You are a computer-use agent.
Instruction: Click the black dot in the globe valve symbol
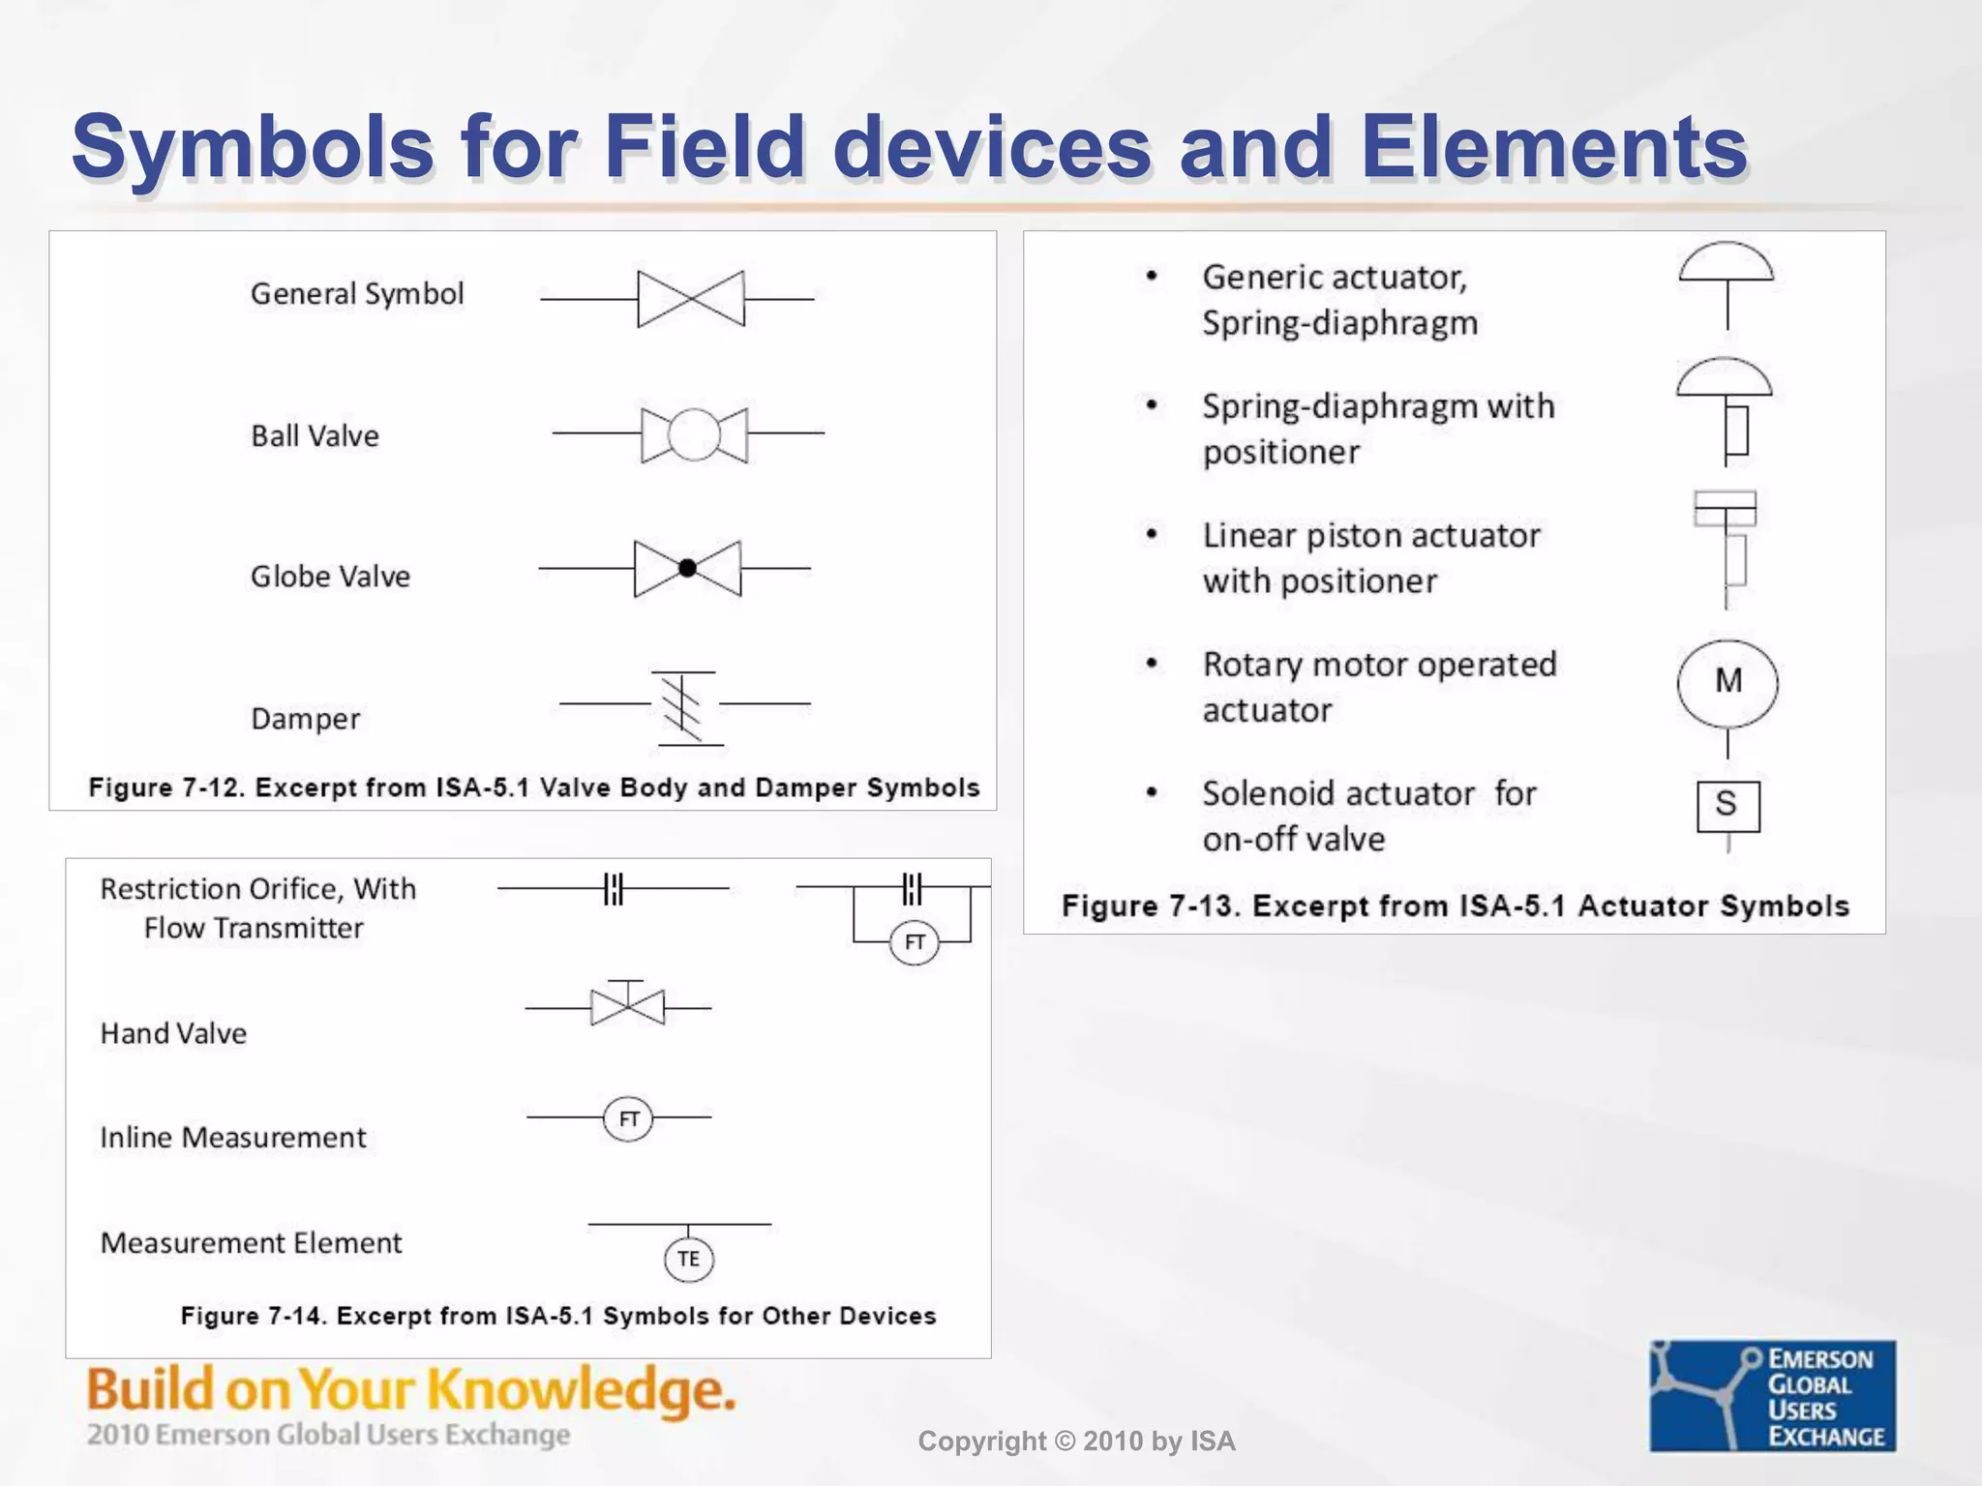click(x=687, y=569)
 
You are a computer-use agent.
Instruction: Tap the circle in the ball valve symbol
click(x=694, y=434)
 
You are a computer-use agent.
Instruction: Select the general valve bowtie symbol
click(x=691, y=299)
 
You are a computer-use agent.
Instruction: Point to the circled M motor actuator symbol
click(x=1727, y=683)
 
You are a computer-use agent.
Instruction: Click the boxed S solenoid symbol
click(x=1727, y=806)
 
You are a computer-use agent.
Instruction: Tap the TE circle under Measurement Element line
click(x=689, y=1259)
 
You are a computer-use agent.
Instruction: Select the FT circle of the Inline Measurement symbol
click(x=628, y=1119)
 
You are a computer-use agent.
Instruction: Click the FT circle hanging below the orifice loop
click(x=914, y=942)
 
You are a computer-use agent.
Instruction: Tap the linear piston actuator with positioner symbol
click(x=1727, y=547)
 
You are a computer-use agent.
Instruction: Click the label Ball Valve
click(x=315, y=436)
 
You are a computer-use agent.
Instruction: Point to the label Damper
click(x=305, y=719)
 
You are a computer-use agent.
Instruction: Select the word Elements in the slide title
click(x=1554, y=147)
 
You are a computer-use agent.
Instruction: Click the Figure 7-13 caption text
click(x=1455, y=906)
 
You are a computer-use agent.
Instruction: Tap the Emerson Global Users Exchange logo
click(x=1772, y=1395)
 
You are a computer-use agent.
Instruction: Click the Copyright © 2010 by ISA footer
click(x=1076, y=1441)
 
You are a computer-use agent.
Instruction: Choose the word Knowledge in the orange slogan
click(x=581, y=1391)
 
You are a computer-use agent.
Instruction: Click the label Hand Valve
click(x=173, y=1034)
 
